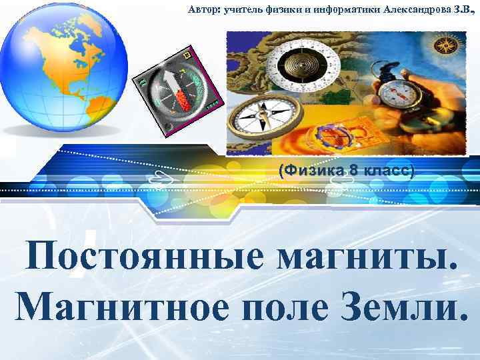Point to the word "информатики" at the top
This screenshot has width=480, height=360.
(x=337, y=11)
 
